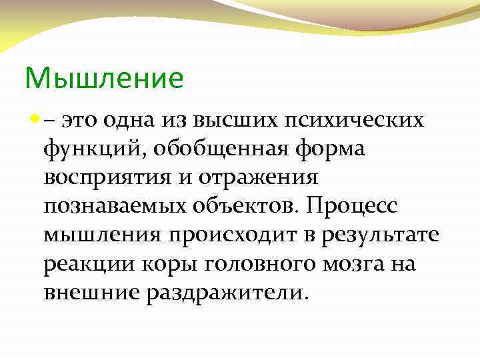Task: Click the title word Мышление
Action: coord(104,79)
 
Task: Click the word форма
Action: coord(330,150)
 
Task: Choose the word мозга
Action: coord(347,265)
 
